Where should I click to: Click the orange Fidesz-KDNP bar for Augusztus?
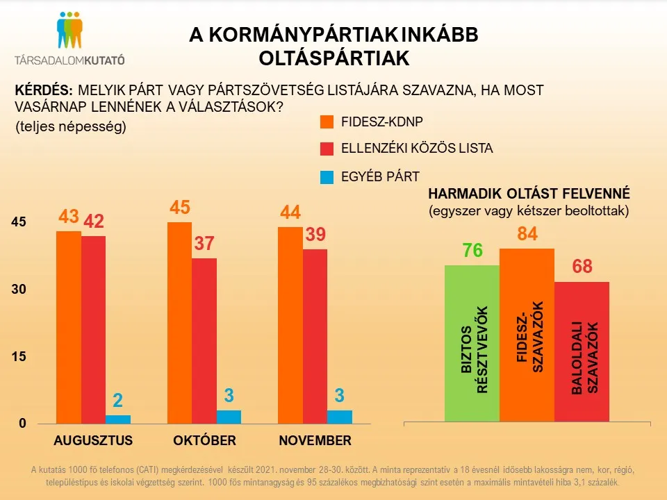point(68,326)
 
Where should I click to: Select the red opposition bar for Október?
point(204,340)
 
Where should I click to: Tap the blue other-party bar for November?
point(340,417)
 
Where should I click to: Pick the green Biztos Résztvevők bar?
point(472,343)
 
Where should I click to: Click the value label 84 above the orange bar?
point(527,235)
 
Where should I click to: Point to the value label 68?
point(582,267)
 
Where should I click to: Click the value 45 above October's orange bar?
point(180,208)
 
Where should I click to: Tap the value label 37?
point(205,244)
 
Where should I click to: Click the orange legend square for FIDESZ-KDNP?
point(327,122)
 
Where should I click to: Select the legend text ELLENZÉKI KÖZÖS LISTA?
point(407,149)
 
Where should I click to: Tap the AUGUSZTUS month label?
point(92,441)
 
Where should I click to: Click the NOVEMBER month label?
point(315,441)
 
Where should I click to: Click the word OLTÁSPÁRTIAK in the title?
point(333,59)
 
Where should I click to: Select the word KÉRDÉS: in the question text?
point(44,90)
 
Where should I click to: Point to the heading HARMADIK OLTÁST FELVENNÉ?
point(529,193)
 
